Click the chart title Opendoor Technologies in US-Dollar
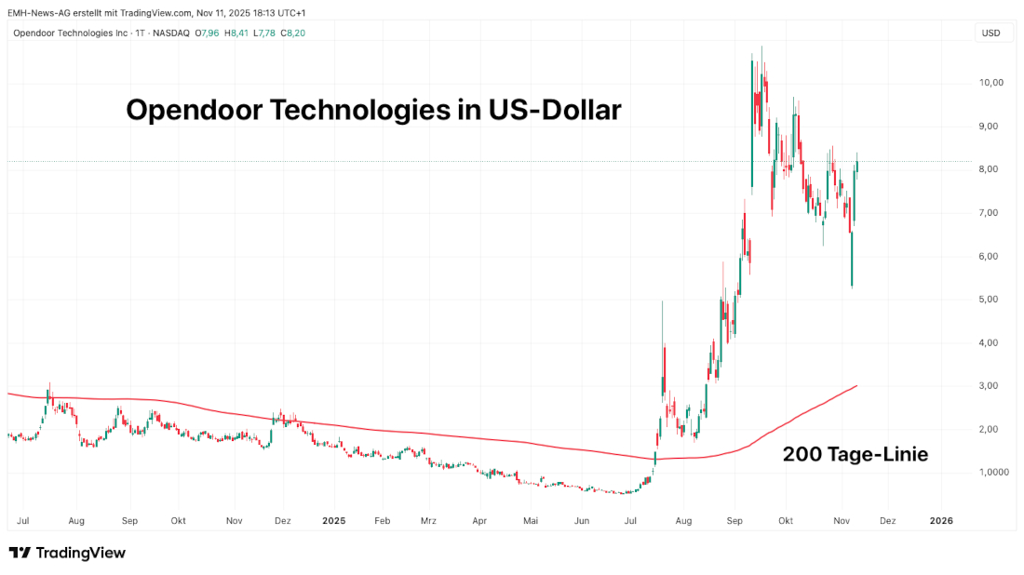coord(373,111)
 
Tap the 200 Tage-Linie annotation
coord(855,454)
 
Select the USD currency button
coord(990,33)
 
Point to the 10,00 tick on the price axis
coord(990,83)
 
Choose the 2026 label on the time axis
coord(941,521)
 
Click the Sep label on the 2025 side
coord(735,521)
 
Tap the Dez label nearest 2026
coord(887,521)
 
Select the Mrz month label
coord(428,521)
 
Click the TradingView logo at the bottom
coord(67,553)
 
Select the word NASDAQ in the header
coord(171,33)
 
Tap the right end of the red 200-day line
coord(856,385)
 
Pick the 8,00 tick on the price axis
coord(990,169)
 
